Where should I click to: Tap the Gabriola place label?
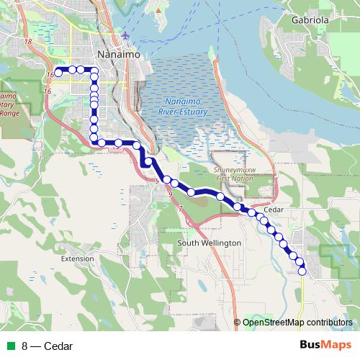click(x=310, y=20)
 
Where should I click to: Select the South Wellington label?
click(x=209, y=243)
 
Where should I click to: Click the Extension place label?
click(x=78, y=258)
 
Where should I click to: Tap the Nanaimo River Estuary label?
click(x=184, y=107)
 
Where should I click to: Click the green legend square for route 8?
click(x=10, y=346)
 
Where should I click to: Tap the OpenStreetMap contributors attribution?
click(x=297, y=322)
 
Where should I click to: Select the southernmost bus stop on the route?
click(x=302, y=271)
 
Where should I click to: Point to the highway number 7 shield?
click(x=181, y=208)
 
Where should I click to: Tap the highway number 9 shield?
click(x=170, y=194)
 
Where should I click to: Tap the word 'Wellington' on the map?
click(x=219, y=243)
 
